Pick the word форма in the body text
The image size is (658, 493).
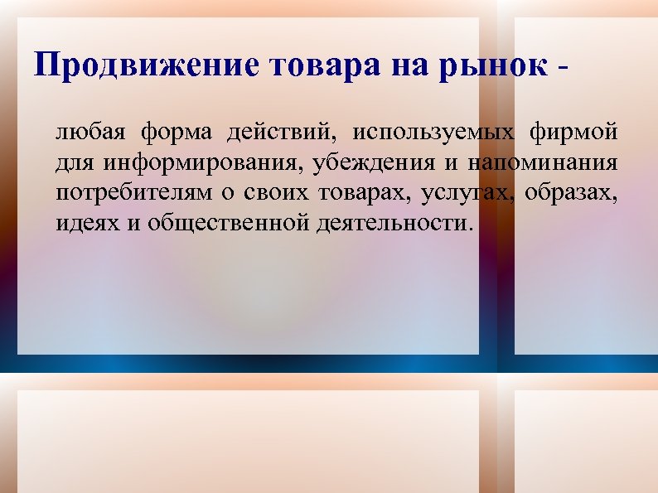pos(176,133)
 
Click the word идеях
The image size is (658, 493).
pos(87,224)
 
